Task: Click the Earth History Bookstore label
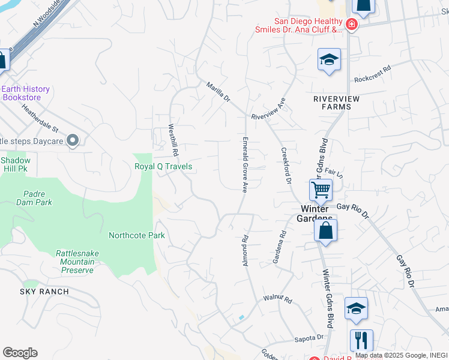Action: click(26, 93)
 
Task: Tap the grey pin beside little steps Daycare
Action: click(73, 141)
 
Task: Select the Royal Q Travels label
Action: click(163, 166)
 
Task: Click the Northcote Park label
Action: click(137, 235)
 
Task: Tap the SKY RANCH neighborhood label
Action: click(44, 292)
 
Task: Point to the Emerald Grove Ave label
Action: click(245, 163)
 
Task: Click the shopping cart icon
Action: click(321, 190)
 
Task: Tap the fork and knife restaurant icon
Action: click(361, 340)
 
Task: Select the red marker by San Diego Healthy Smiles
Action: click(351, 25)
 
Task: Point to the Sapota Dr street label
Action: click(309, 338)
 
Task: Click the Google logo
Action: click(20, 353)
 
